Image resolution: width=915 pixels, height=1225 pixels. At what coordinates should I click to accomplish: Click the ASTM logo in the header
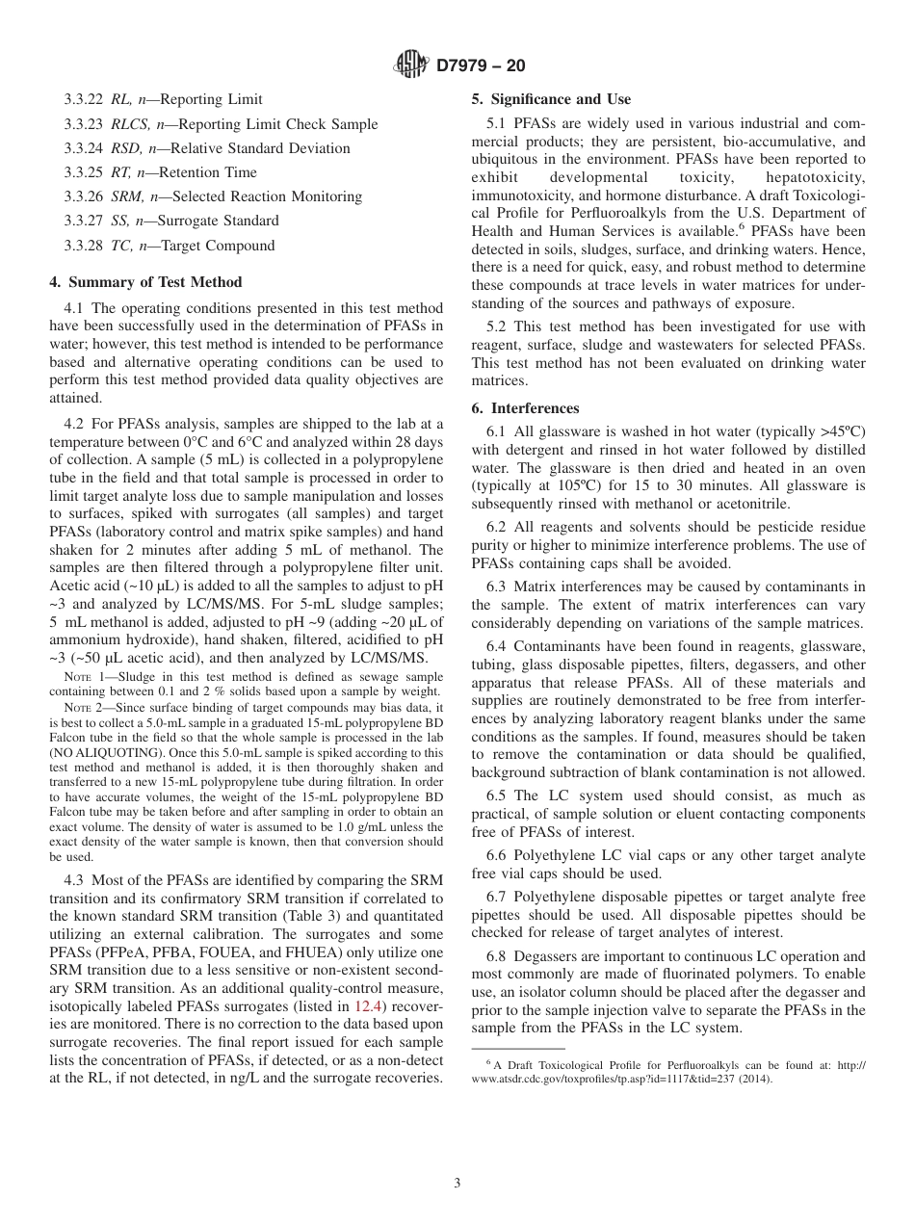(x=411, y=65)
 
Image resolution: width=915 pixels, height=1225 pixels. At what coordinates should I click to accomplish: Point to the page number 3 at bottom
(x=457, y=1183)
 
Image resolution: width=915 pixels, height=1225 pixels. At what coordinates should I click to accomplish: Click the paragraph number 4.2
(x=74, y=424)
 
